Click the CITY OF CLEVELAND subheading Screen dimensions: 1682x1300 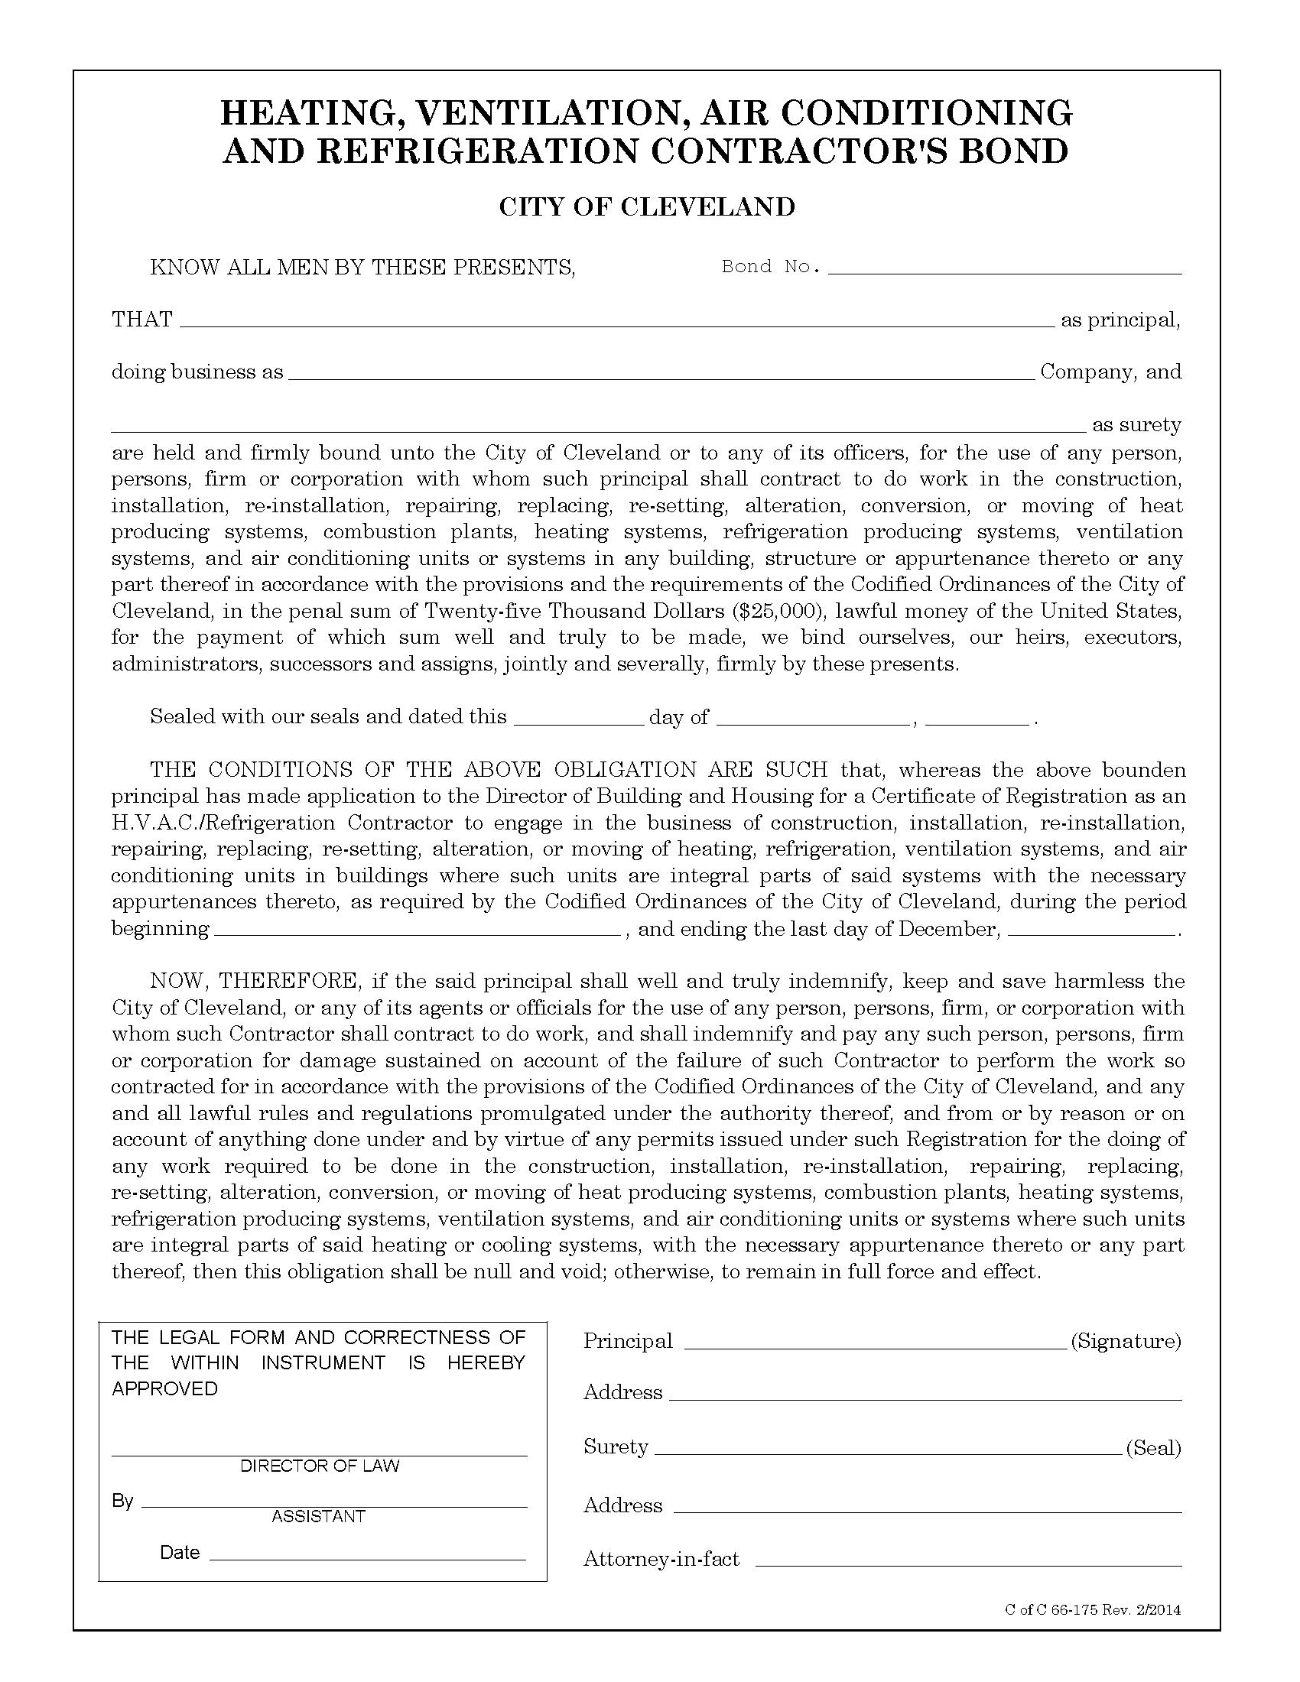tap(646, 207)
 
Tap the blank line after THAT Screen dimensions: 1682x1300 tap(616, 323)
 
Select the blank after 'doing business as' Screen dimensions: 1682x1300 tap(660, 376)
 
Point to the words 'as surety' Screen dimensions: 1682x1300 tap(1136, 425)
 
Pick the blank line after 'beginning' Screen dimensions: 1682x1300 tap(417, 932)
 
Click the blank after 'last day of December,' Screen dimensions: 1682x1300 tap(1091, 932)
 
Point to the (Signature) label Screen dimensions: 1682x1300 tap(1125, 1342)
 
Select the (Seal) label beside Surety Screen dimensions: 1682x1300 tap(1153, 1448)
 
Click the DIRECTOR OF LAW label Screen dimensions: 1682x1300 tap(320, 1466)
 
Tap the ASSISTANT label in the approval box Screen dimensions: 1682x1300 tap(318, 1516)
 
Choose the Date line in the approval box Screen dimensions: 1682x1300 tap(366, 1557)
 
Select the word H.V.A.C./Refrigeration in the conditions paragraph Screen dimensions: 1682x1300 tap(223, 823)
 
